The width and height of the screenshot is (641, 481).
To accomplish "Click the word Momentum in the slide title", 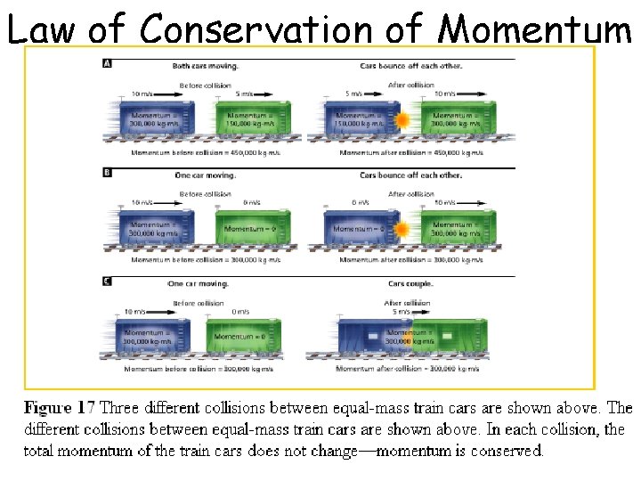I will click(536, 29).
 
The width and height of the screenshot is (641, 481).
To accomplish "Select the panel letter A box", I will click(108, 63).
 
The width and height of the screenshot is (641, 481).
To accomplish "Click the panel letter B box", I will click(108, 173).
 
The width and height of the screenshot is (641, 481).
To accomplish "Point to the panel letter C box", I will click(108, 281).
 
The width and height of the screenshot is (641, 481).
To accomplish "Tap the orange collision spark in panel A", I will click(402, 120).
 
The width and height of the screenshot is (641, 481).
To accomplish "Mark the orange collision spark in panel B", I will click(402, 229).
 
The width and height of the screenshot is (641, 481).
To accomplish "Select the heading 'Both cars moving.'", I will click(206, 66).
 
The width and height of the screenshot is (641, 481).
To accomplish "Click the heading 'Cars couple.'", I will click(410, 284).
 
